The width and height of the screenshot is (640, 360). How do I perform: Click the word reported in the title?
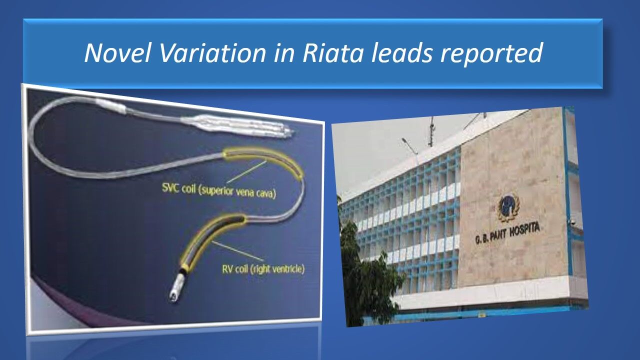point(491,54)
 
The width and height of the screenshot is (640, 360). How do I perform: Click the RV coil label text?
point(263,269)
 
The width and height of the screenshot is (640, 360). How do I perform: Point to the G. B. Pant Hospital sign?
point(507,233)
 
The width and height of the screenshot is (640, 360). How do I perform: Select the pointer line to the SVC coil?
point(246,172)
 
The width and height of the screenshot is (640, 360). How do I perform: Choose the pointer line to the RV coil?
point(237,251)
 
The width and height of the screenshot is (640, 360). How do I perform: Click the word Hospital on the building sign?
point(524,230)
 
